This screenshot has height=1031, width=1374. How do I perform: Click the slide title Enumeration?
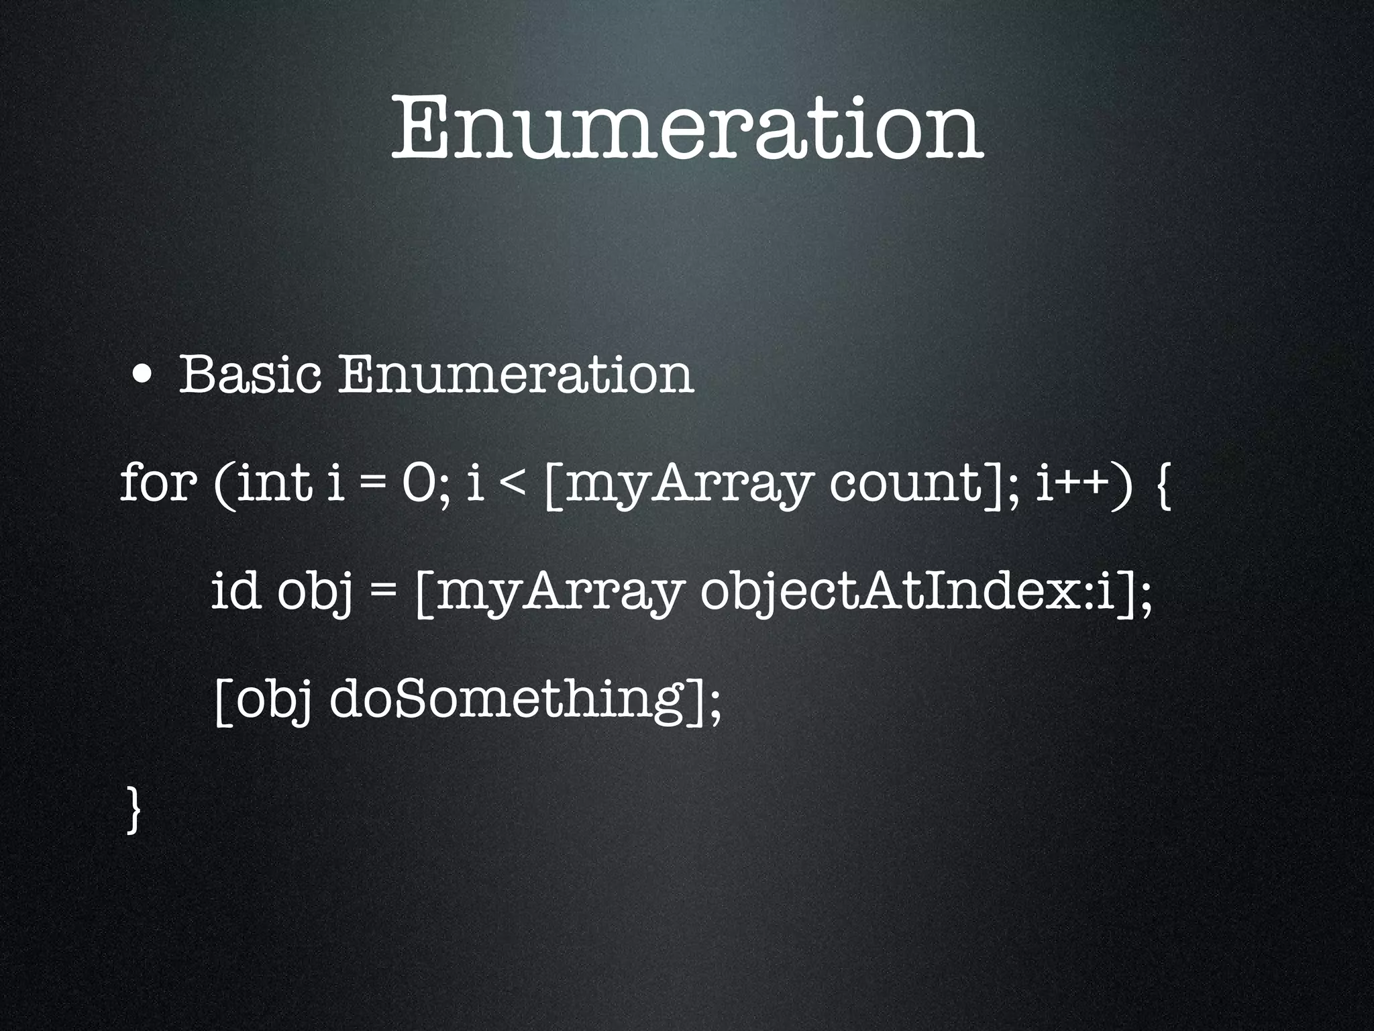687,128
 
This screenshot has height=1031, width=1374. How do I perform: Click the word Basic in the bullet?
249,375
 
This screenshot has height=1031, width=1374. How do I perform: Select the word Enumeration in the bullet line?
515,375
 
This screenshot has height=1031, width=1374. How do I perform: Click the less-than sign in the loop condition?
513,485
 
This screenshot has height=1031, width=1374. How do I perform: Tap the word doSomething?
513,701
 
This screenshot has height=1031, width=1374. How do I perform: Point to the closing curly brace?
134,811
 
